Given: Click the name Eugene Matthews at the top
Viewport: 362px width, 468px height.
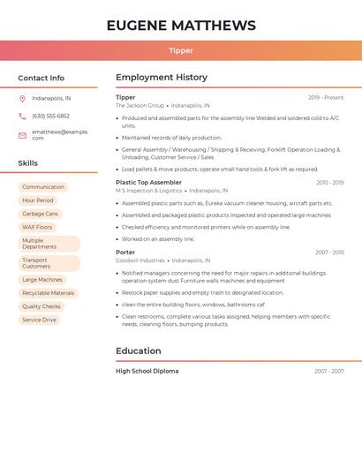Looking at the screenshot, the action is pos(181,26).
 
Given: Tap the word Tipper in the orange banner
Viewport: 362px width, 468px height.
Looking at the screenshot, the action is pos(181,50).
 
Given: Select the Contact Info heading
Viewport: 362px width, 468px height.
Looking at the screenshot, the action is pos(41,78).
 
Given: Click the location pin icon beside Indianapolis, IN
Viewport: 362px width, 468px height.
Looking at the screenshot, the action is pos(22,99).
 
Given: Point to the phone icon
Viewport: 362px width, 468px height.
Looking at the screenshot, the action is pos(22,117).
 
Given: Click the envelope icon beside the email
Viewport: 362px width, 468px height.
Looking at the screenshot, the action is pos(22,135).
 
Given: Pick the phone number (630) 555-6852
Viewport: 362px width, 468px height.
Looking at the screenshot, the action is pos(50,117).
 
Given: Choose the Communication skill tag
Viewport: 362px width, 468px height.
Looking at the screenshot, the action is pos(43,187).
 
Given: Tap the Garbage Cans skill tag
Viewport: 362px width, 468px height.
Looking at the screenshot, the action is pos(40,214).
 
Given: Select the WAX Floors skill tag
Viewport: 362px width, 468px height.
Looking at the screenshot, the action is pos(37,227).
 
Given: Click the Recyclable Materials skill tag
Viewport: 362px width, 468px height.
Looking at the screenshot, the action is pos(48,293).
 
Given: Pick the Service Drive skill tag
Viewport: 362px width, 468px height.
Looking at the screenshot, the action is pos(39,320).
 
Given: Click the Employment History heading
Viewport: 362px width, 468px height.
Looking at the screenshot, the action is pos(162,78).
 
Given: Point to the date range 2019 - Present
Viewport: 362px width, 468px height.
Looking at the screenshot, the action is pos(326,98).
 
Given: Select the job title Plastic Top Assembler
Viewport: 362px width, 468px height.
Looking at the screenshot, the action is pos(148,183).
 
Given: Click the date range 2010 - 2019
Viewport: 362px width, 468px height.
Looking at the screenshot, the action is pos(330,183).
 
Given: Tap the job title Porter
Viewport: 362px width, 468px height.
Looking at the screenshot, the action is pos(125,253).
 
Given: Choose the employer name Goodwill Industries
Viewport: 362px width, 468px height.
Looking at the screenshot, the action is pos(140,260).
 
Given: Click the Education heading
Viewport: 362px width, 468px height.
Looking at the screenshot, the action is pos(139,351).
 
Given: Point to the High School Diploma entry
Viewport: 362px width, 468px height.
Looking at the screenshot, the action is pos(147,372).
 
